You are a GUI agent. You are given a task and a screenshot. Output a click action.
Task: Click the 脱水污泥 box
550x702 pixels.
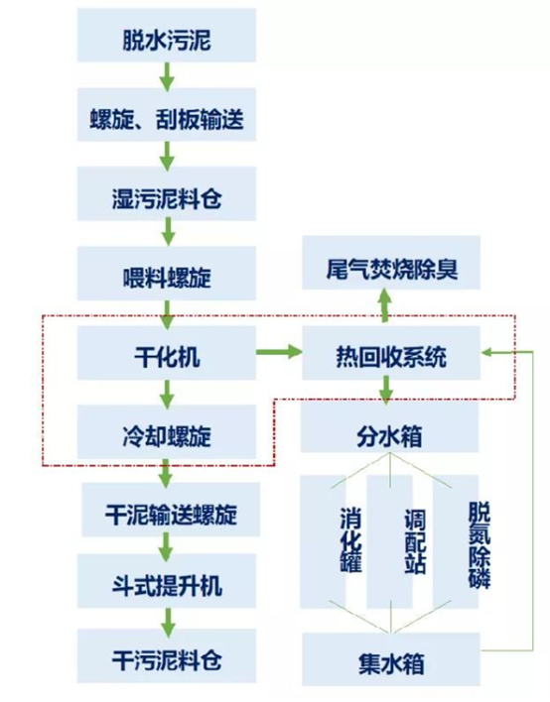(167, 36)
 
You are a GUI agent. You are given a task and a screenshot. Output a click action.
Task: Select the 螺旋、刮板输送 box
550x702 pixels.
(167, 115)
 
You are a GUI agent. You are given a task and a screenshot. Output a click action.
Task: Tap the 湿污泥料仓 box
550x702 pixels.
(167, 194)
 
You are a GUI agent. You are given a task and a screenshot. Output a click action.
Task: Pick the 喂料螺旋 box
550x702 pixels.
(167, 273)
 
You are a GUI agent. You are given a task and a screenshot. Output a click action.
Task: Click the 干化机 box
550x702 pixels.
(167, 353)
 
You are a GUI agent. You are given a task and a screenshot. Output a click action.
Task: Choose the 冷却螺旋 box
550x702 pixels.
(167, 432)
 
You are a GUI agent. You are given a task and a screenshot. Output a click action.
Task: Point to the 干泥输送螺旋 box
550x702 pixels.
(171, 510)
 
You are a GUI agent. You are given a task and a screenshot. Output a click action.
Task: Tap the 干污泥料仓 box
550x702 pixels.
(167, 655)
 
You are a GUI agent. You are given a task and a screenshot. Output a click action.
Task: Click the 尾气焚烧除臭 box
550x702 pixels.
(391, 263)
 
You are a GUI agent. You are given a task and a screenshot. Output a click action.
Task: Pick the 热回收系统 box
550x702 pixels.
(391, 353)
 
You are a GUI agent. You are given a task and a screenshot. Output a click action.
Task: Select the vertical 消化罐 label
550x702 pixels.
(351, 539)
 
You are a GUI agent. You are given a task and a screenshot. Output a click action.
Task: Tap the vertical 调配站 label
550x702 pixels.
(415, 541)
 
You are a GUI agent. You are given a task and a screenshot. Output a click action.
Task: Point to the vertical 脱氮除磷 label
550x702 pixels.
(480, 545)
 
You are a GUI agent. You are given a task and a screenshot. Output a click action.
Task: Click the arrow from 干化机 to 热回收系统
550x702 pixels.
(279, 351)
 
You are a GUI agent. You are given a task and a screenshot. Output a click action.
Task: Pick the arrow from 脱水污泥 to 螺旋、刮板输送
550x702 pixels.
(167, 75)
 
